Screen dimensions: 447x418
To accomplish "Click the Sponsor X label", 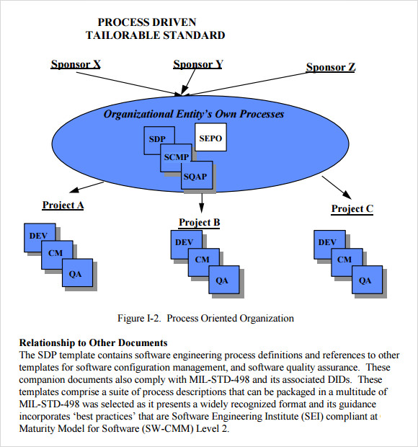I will [x=75, y=64].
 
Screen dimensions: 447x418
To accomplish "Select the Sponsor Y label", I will [x=197, y=64].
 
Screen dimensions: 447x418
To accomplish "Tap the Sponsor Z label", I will [x=331, y=67].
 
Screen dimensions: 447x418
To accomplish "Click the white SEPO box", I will [x=210, y=136].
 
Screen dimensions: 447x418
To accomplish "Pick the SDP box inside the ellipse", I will [x=157, y=139].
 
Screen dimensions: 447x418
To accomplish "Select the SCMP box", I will [x=176, y=156].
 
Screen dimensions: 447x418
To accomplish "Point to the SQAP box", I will [x=195, y=174].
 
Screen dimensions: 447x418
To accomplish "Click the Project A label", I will [x=63, y=205].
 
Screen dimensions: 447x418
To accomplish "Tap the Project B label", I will [x=199, y=222].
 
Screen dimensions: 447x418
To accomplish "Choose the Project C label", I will [x=352, y=209].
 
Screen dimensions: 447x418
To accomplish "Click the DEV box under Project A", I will [x=37, y=236].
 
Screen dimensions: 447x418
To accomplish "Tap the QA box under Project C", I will [x=365, y=280].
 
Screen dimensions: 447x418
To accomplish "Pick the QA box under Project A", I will [x=76, y=273].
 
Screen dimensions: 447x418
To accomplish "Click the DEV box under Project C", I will [x=327, y=243].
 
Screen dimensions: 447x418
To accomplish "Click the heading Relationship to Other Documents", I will [x=93, y=342].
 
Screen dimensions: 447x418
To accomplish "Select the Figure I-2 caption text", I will [x=205, y=318].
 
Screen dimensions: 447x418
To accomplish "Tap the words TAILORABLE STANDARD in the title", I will [x=155, y=35].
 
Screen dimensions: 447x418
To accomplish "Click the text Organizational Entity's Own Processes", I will [x=193, y=114].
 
